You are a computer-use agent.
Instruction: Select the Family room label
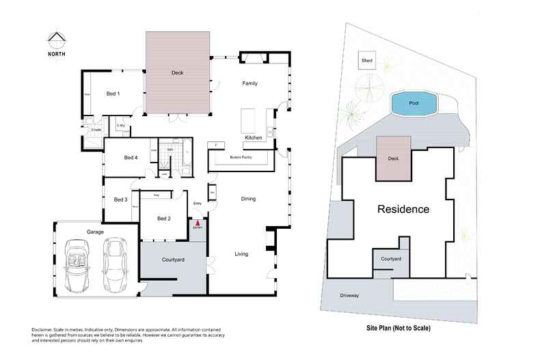tap(250, 83)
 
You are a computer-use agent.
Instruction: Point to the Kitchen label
tap(254, 138)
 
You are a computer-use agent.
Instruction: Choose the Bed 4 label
tap(131, 158)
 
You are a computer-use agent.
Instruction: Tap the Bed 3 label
tap(120, 199)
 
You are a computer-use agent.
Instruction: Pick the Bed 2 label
tap(163, 219)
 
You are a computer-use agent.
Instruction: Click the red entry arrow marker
tap(197, 222)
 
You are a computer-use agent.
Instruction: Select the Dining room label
tap(248, 199)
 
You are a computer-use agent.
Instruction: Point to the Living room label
tap(241, 254)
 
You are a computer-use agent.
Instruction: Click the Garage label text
tap(95, 232)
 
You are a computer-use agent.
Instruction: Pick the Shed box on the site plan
tap(367, 61)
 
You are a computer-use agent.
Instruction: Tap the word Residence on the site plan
tap(403, 209)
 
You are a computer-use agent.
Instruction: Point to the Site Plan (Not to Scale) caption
tap(399, 328)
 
